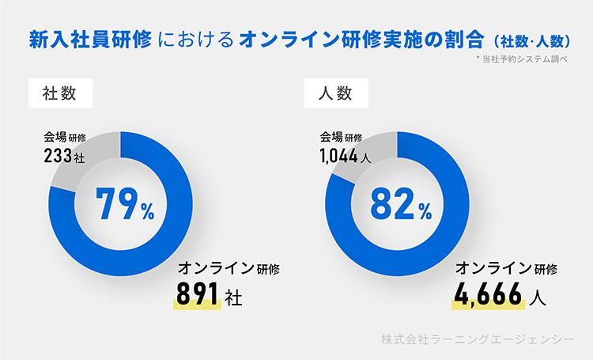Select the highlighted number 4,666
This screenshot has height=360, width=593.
pos(489,297)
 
